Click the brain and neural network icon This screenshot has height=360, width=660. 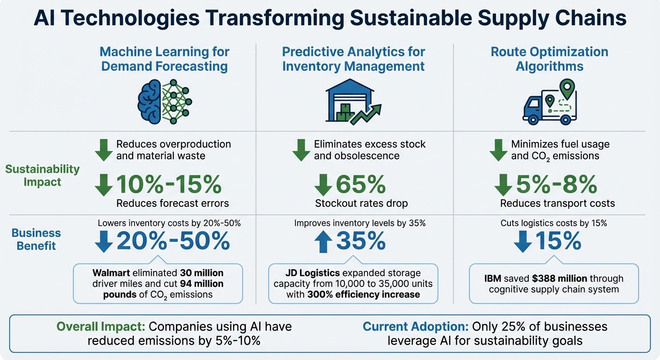click(x=165, y=101)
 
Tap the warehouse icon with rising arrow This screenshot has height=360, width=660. click(x=352, y=102)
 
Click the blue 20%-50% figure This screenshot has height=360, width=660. click(x=173, y=241)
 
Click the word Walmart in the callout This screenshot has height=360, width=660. click(x=111, y=272)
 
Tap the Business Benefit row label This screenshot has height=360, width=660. click(x=36, y=239)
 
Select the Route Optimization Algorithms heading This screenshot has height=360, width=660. click(x=549, y=59)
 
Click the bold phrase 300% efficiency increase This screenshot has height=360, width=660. click(x=364, y=294)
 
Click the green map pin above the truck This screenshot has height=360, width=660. click(x=568, y=88)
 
